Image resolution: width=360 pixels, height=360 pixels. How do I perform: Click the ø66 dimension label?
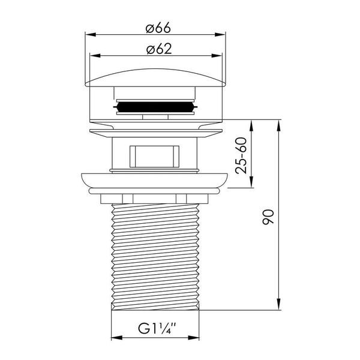(x=158, y=28)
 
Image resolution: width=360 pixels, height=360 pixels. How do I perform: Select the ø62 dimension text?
(x=159, y=49)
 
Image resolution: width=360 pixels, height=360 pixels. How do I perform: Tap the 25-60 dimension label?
(x=241, y=155)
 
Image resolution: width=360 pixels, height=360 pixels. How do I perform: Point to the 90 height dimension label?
(x=268, y=217)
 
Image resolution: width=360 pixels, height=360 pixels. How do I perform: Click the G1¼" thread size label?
(x=157, y=328)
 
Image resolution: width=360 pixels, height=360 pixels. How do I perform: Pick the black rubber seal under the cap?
(x=155, y=107)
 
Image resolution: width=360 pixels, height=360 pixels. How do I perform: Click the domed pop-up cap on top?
(x=155, y=78)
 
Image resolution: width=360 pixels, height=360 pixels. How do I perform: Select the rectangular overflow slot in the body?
(x=154, y=157)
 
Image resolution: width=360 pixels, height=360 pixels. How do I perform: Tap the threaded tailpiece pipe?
(x=155, y=257)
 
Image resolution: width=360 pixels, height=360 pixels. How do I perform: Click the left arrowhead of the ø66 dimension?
(x=90, y=35)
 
